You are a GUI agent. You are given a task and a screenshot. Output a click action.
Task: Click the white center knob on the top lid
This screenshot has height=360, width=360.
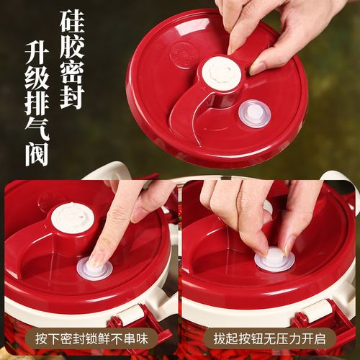pyautogui.click(x=220, y=73)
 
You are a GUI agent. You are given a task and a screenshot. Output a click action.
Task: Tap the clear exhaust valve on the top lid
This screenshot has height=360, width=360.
pyautogui.click(x=254, y=113)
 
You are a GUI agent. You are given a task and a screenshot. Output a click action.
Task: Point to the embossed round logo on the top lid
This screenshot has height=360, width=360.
pyautogui.click(x=184, y=55)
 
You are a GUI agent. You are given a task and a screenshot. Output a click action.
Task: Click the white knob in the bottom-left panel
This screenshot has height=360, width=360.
pyautogui.click(x=72, y=217)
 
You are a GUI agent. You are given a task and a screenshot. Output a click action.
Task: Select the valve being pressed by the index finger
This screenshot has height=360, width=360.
pyautogui.click(x=94, y=269)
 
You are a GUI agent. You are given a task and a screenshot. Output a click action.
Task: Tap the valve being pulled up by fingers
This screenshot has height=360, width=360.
pyautogui.click(x=274, y=258)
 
